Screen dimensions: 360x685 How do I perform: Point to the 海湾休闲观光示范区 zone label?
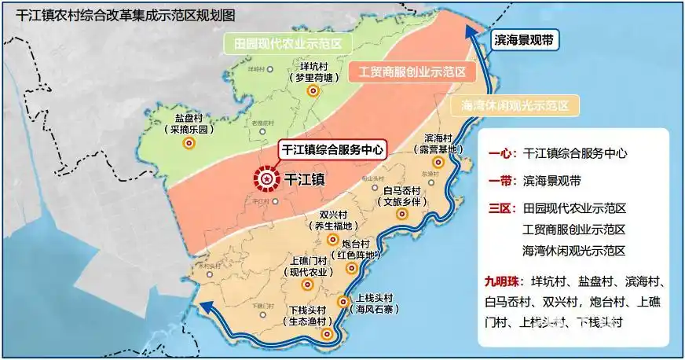click(515, 105)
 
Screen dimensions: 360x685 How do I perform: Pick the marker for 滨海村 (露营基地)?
click(439, 162)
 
